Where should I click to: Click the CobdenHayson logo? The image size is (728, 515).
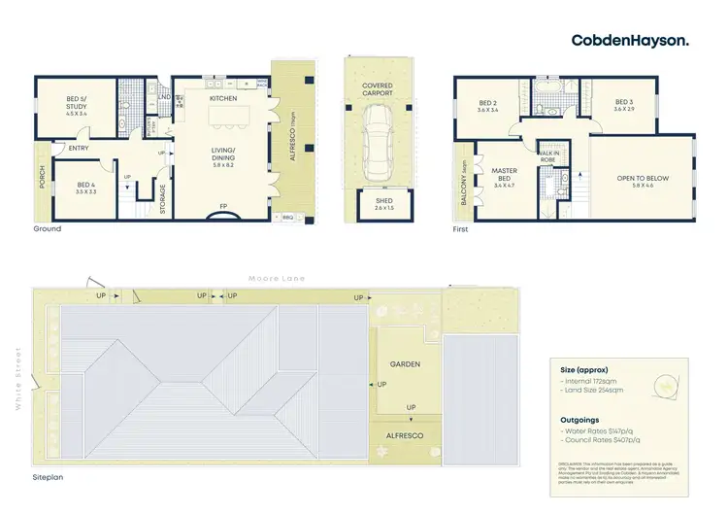[x=630, y=40]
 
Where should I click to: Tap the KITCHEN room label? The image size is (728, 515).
[x=224, y=98]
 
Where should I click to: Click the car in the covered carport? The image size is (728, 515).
[x=378, y=137]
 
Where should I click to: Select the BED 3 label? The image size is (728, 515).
[x=624, y=105]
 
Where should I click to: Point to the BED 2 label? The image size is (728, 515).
[x=488, y=105]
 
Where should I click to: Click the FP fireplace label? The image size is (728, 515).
[x=224, y=207]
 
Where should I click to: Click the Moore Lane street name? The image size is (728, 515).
[x=277, y=279]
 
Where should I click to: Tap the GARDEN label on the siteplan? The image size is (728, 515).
[x=405, y=364]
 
